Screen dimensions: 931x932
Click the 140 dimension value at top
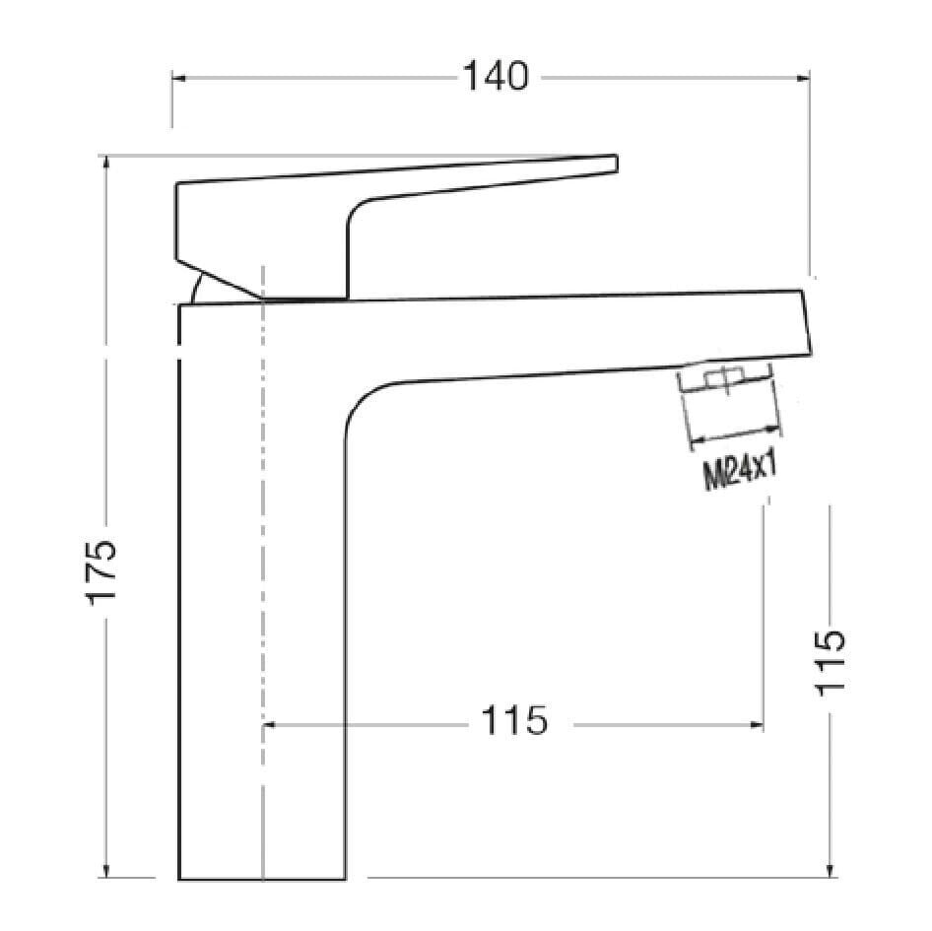[498, 76]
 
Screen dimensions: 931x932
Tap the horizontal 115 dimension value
[514, 722]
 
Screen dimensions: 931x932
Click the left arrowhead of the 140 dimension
[177, 76]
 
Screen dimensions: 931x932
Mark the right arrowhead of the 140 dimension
[804, 76]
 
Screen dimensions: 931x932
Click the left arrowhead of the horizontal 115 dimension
[269, 725]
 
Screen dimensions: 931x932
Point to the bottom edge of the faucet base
[261, 879]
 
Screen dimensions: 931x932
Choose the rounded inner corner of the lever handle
[358, 211]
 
